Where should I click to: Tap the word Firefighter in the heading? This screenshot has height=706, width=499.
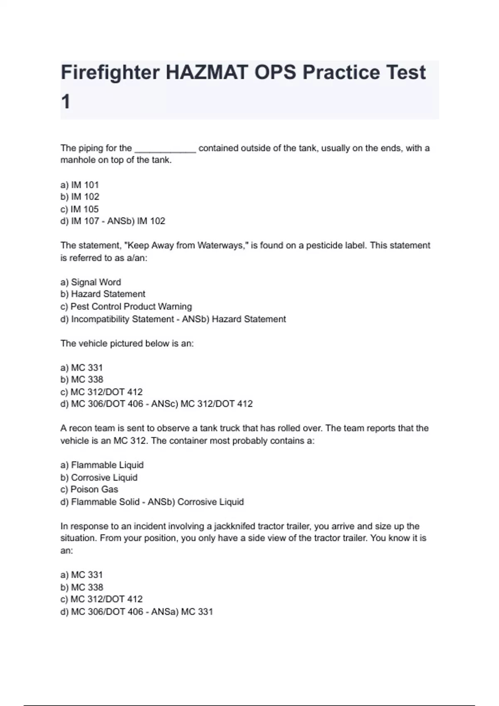click(110, 73)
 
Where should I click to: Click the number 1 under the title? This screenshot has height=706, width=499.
click(66, 102)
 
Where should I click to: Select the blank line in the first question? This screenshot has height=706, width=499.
click(165, 149)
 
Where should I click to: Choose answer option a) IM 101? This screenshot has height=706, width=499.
click(79, 185)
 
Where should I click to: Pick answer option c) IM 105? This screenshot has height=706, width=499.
click(79, 209)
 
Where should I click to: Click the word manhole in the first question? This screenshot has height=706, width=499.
click(78, 160)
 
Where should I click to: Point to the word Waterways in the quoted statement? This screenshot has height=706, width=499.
click(222, 245)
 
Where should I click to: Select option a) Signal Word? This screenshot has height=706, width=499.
click(91, 282)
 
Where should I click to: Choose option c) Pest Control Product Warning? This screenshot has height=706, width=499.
click(126, 306)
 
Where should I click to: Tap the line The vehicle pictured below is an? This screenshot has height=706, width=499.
click(127, 343)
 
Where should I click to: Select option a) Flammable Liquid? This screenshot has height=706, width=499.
click(102, 465)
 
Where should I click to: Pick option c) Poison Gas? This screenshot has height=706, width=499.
click(89, 489)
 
